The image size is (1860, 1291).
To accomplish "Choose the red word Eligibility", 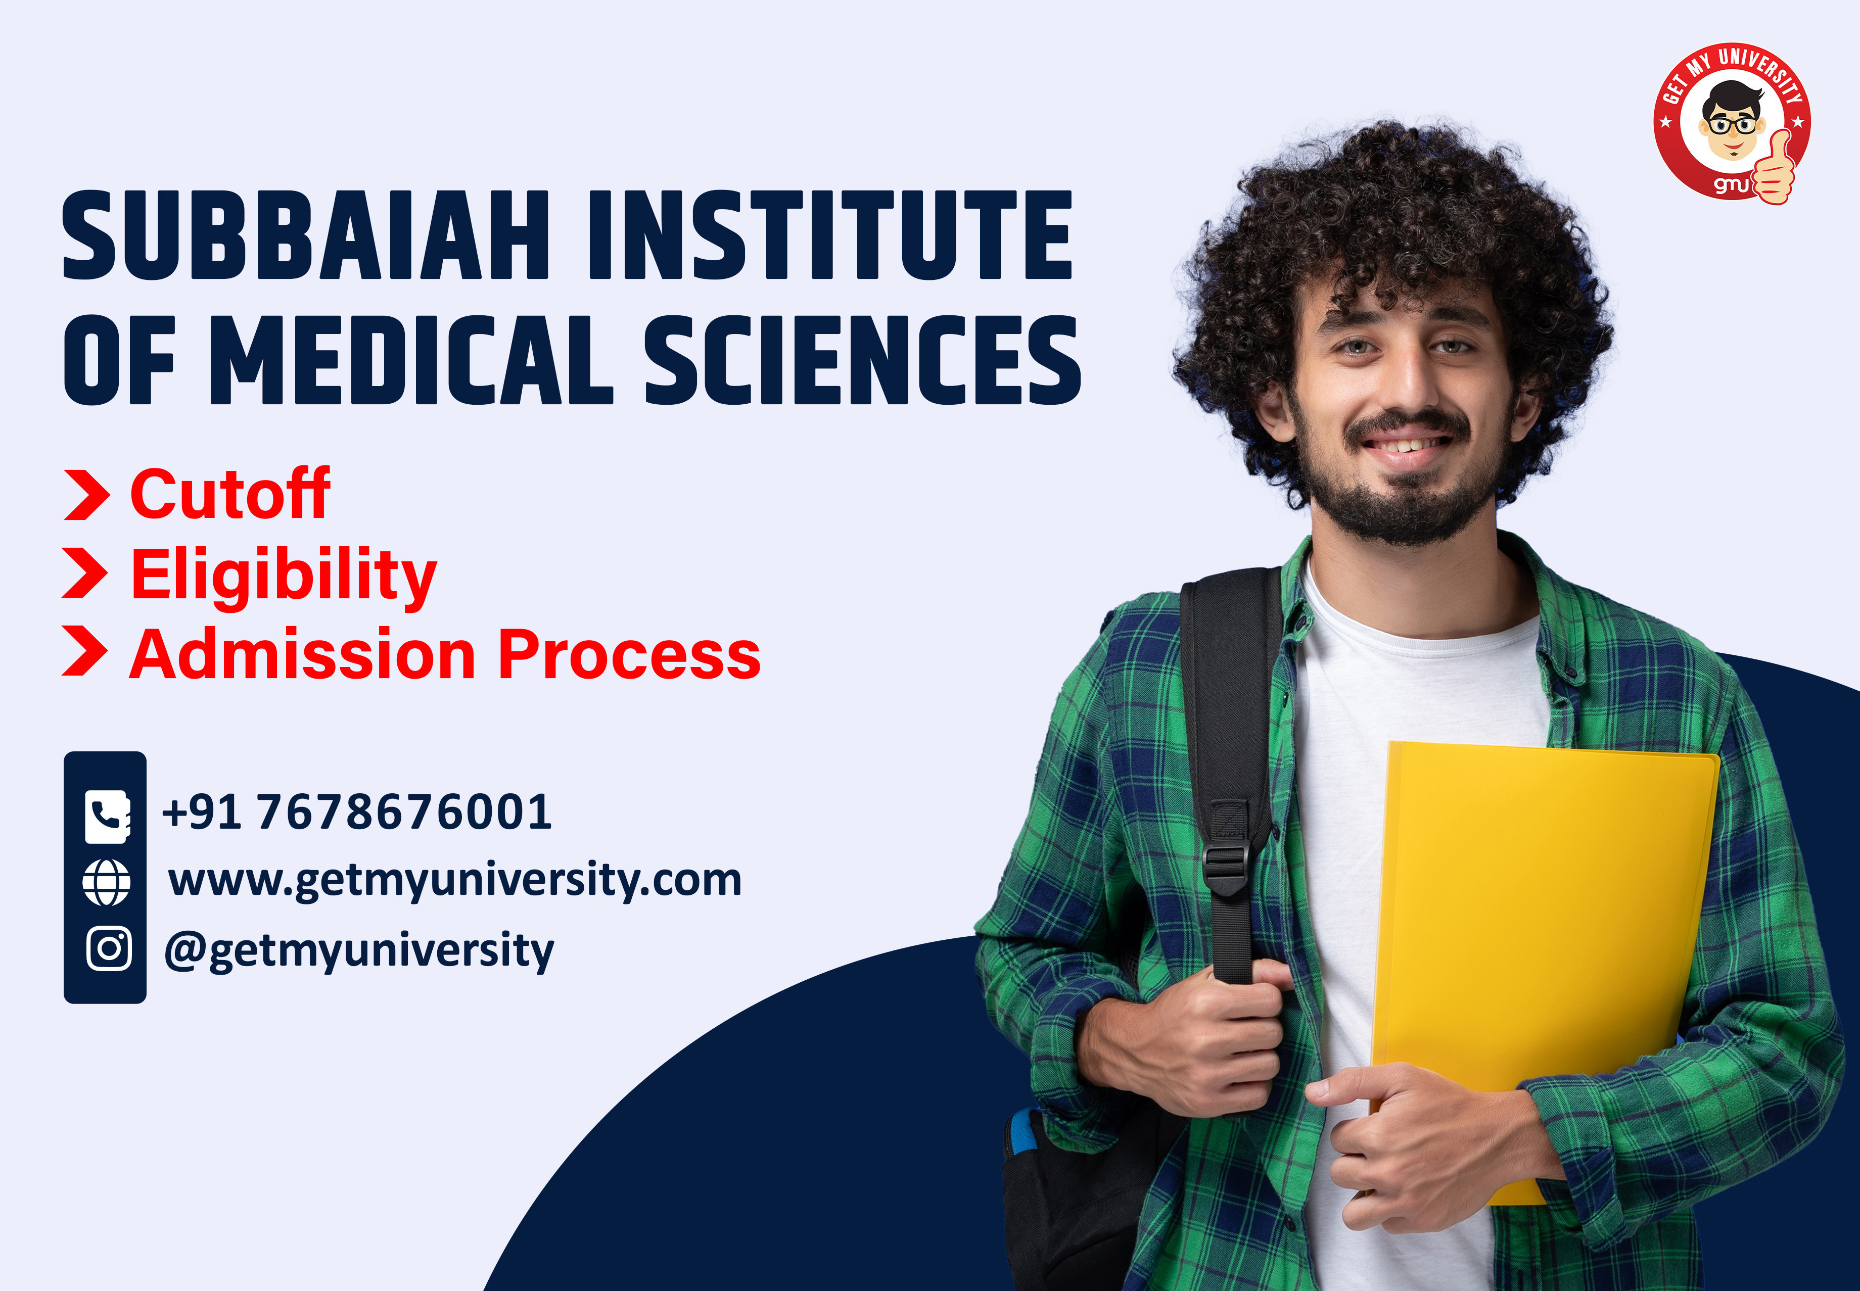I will [283, 575].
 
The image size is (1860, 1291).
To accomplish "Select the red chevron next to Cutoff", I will [86, 494].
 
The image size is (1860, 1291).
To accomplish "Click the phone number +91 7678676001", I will [357, 811].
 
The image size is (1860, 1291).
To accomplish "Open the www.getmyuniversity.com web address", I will [455, 880].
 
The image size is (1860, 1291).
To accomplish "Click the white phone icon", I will [107, 816].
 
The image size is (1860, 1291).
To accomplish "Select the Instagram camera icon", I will [108, 948].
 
